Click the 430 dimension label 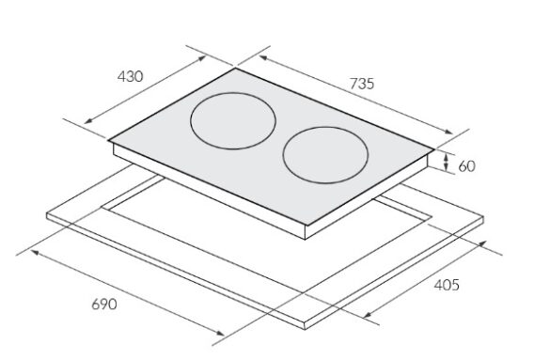[x=130, y=77]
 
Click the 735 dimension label [x=362, y=84]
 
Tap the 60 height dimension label [x=466, y=166]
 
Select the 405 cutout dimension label [x=447, y=285]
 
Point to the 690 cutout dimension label [x=104, y=304]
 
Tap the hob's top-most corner [x=235, y=69]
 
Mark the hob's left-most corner [x=109, y=140]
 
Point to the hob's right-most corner [x=434, y=149]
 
